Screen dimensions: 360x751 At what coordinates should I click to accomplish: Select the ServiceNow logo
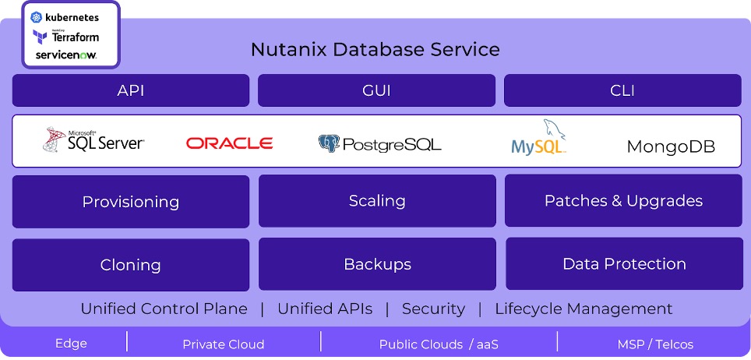(65, 55)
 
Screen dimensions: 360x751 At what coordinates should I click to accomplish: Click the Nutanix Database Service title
(375, 50)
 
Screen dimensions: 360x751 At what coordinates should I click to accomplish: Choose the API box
(131, 90)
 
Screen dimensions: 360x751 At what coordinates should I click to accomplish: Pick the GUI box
(376, 90)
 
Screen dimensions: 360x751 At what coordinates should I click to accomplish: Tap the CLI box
(622, 90)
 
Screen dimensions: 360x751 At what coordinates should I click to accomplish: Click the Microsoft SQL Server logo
(93, 140)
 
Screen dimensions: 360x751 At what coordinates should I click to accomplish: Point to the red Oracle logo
(229, 143)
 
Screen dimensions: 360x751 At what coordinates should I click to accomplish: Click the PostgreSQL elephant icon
(330, 143)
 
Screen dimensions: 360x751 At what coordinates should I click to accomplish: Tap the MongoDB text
(671, 146)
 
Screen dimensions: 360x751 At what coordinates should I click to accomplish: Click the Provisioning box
(131, 202)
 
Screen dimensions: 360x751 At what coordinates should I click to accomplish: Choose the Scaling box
(377, 201)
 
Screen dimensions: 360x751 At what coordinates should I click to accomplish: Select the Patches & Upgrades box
(623, 201)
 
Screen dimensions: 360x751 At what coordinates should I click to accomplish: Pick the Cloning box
(131, 265)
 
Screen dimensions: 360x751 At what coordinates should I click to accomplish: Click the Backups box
(377, 264)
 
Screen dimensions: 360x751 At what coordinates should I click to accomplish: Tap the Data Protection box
(624, 264)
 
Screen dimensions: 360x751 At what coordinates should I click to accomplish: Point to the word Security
(433, 309)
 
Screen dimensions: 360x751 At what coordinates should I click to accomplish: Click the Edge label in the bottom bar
(71, 344)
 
